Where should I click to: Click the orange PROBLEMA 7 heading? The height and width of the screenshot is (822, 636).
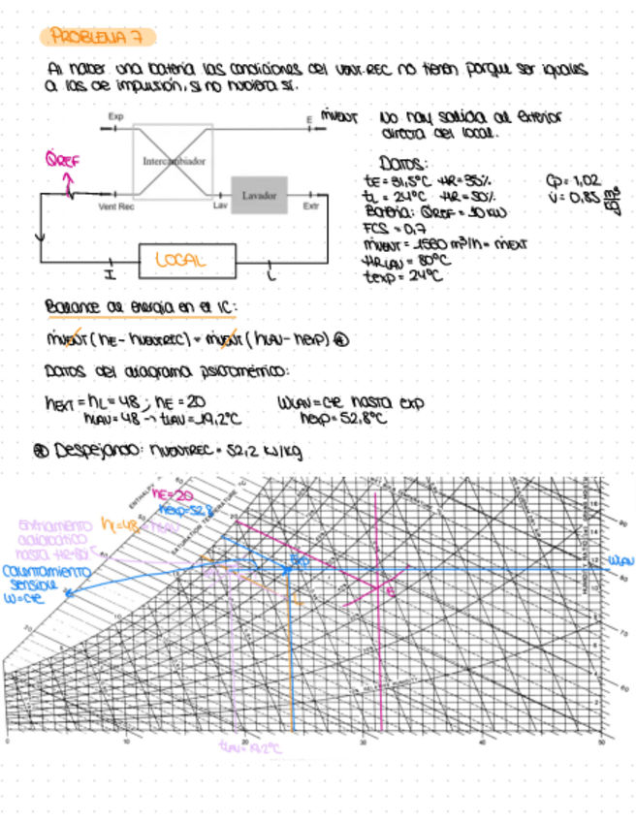[x=98, y=38]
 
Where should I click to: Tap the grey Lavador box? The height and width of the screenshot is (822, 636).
[x=259, y=195]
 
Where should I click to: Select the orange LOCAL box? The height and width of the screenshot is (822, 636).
[x=187, y=260]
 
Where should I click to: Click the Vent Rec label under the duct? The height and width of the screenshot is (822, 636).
[x=115, y=206]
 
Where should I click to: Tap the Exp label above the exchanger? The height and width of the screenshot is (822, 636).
[x=115, y=116]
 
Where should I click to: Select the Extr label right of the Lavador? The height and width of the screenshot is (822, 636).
[x=311, y=206]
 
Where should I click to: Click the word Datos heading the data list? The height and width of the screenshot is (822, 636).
[x=397, y=166]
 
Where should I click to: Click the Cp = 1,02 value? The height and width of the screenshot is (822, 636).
[x=575, y=180]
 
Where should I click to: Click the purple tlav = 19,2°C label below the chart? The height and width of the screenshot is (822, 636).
[x=249, y=748]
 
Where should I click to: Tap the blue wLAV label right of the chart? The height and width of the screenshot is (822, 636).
[x=620, y=560]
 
